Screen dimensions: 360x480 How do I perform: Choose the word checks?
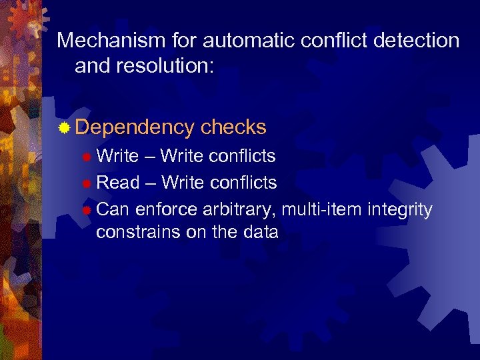pyautogui.click(x=233, y=127)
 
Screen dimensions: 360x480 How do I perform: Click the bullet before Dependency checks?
pyautogui.click(x=64, y=127)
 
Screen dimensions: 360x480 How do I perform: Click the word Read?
pyautogui.click(x=118, y=182)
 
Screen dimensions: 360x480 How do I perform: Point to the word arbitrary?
pyautogui.click(x=239, y=209)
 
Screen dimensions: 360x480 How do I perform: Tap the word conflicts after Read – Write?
pyautogui.click(x=243, y=182)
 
